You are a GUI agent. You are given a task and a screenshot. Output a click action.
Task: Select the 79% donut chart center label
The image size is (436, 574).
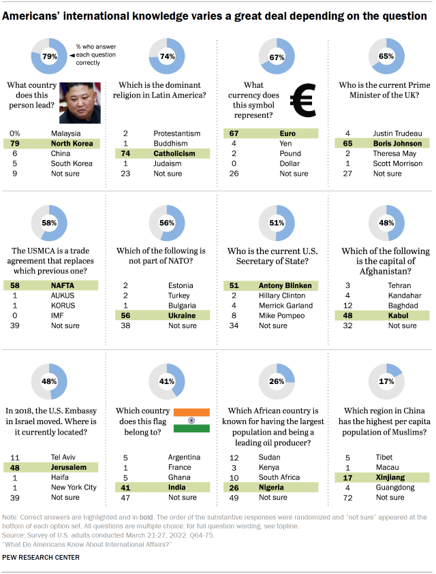pyautogui.click(x=50, y=57)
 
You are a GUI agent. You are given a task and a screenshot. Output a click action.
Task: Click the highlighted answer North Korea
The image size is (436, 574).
pyautogui.click(x=73, y=144)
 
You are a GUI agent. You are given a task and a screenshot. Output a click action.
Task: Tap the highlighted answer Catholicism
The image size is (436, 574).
pyautogui.click(x=174, y=154)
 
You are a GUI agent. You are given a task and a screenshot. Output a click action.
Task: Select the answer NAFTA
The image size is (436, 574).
pyautogui.click(x=63, y=285)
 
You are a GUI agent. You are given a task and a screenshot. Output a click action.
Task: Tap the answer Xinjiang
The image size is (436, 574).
pyautogui.click(x=388, y=477)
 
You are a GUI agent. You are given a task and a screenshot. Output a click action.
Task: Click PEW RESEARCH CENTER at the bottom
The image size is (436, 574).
pyautogui.click(x=41, y=558)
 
